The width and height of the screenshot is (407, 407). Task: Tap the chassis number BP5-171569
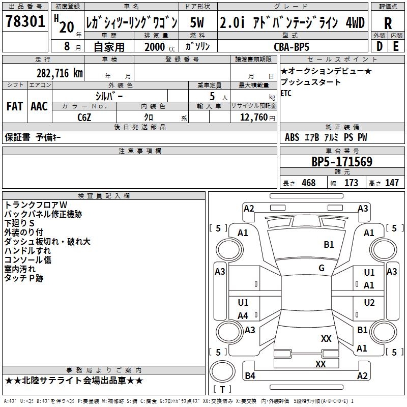[342, 162]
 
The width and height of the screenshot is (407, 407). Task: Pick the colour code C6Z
[84, 117]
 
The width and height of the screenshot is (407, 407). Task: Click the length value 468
[308, 183]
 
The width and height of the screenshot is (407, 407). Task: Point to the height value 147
[392, 183]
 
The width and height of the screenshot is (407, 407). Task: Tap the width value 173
[351, 183]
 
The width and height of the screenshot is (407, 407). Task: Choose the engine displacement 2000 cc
[155, 47]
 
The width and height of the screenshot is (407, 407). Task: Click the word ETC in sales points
[286, 93]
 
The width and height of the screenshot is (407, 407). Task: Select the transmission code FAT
[15, 106]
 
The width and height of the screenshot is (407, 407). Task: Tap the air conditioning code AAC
[39, 106]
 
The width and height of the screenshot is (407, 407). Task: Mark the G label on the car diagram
[322, 268]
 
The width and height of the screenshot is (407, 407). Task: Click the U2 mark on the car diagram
[369, 303]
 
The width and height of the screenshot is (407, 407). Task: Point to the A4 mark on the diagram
[243, 316]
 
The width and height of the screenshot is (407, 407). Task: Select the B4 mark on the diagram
[250, 376]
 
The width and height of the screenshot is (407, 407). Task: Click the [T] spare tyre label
[222, 390]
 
